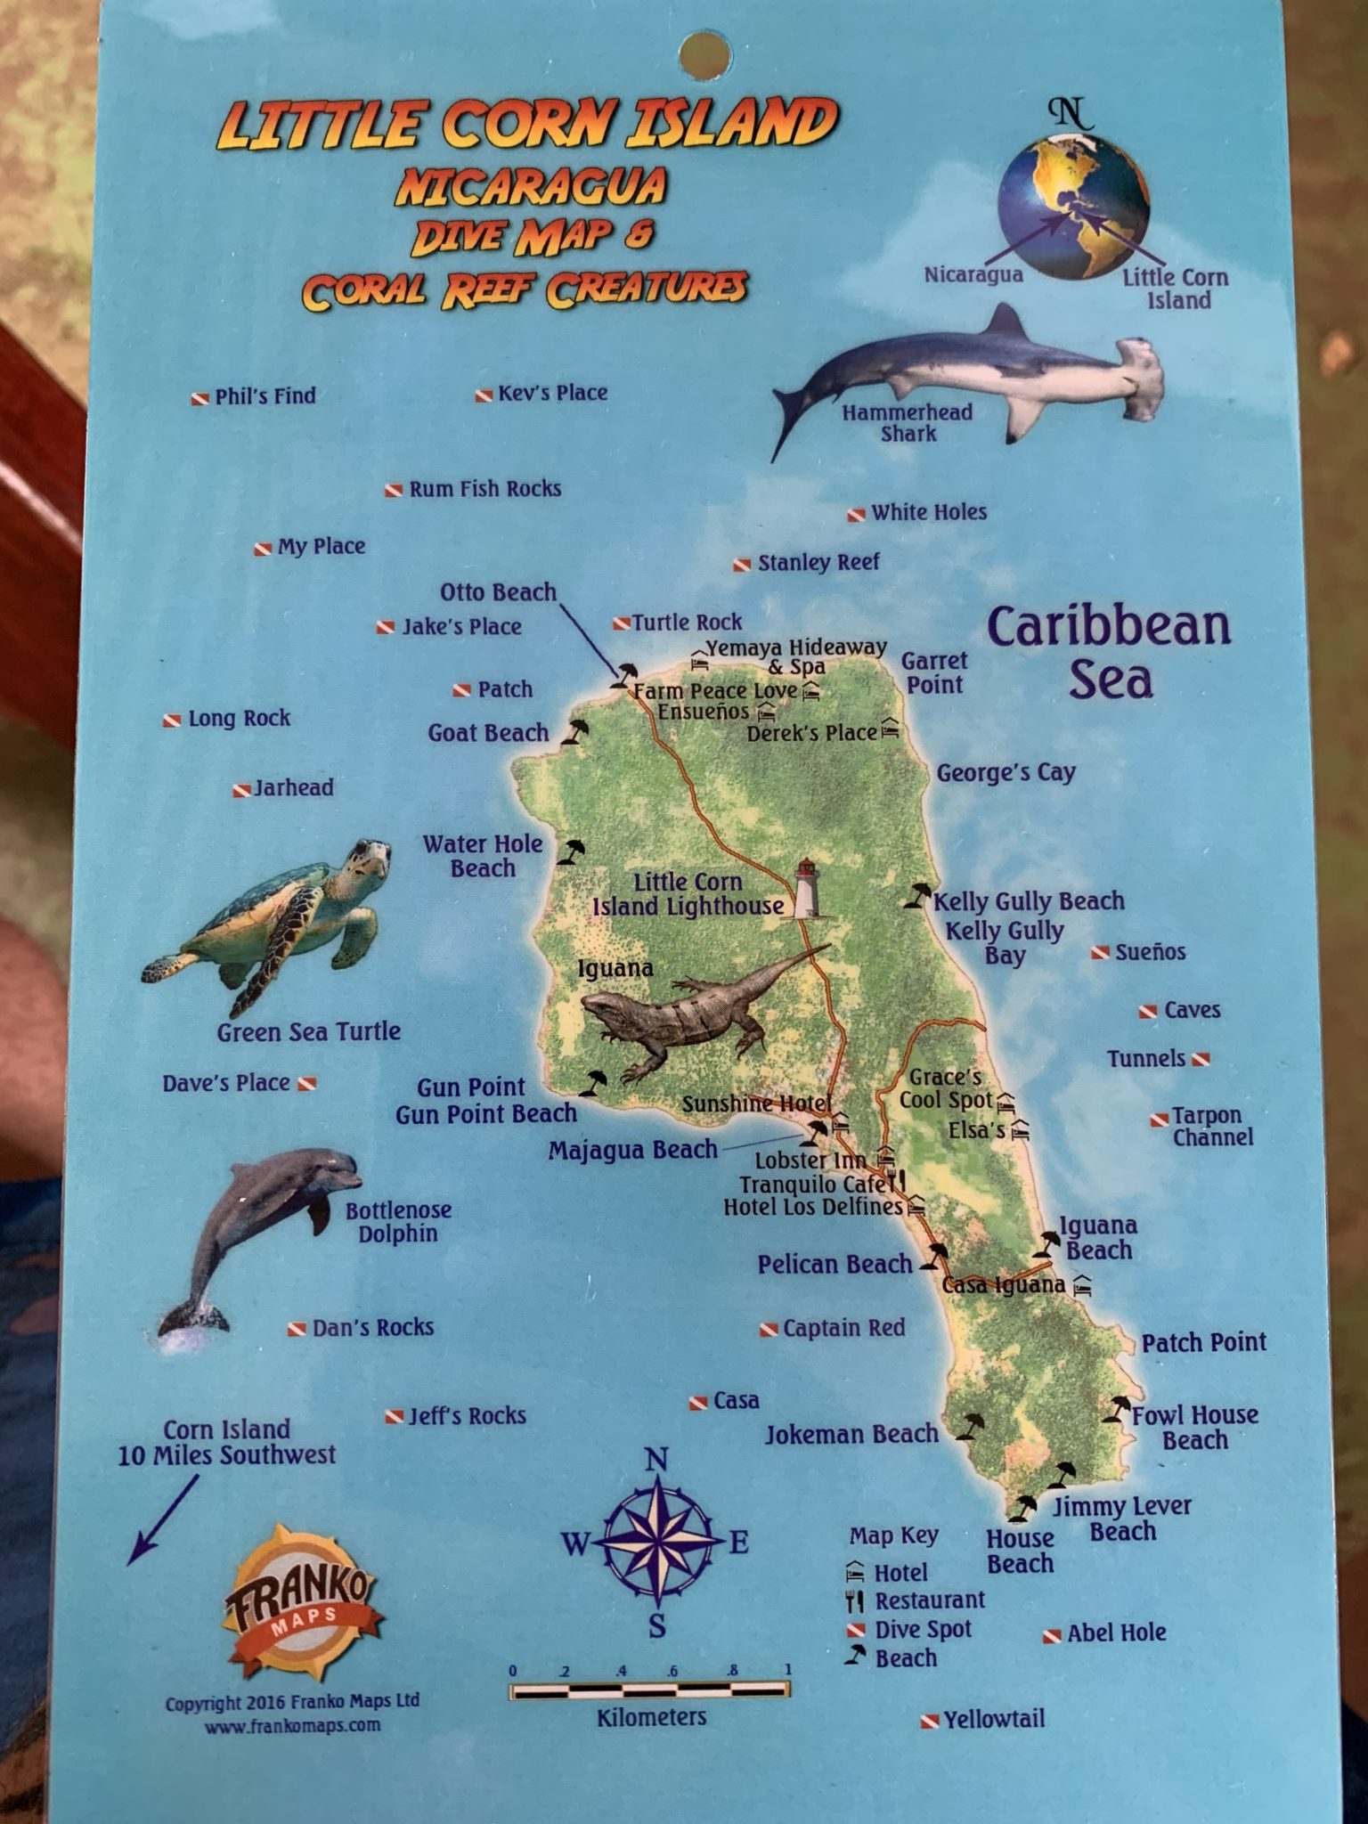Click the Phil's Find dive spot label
pos(265,396)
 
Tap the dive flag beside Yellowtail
pos(929,1722)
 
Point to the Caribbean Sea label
pos(1110,652)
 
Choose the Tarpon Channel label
pos(1211,1127)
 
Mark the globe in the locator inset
pos(1073,207)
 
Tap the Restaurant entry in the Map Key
pos(929,1600)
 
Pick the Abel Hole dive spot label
pos(1115,1633)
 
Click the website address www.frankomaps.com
pos(293,1725)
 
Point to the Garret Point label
pos(933,672)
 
